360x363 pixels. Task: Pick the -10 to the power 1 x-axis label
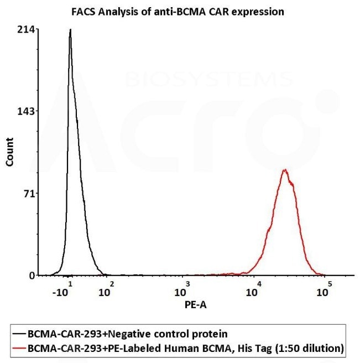pyautogui.click(x=64, y=290)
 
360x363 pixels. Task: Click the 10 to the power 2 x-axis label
pyautogui.click(x=106, y=290)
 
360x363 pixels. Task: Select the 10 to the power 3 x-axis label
pyautogui.click(x=182, y=290)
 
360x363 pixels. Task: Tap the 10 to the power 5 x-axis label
pyautogui.click(x=324, y=290)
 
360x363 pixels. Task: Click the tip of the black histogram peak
pyautogui.click(x=70, y=30)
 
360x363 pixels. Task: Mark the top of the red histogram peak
pyautogui.click(x=285, y=170)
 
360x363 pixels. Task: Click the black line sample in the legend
pyautogui.click(x=18, y=334)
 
